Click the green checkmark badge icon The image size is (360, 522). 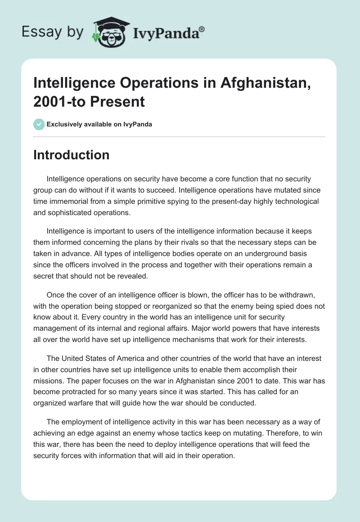[x=39, y=124]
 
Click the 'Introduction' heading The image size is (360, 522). [x=71, y=155]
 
